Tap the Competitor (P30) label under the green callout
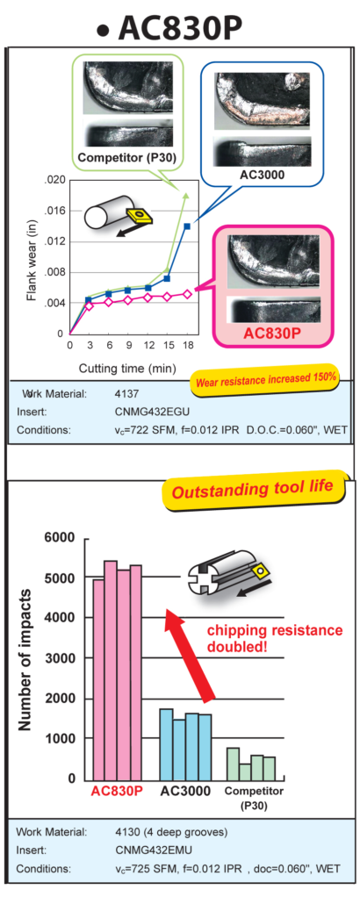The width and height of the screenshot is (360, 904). pos(126,156)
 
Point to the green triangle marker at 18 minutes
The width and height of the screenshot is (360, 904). pos(186,196)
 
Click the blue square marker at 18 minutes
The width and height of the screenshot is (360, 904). pos(187,226)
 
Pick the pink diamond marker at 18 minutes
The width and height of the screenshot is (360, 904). pos(187,294)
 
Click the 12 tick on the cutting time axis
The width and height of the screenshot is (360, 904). pos(148,345)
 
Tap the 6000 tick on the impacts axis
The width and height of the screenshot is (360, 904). pos(60,538)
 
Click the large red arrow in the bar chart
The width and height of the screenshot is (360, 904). pos(190,656)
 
